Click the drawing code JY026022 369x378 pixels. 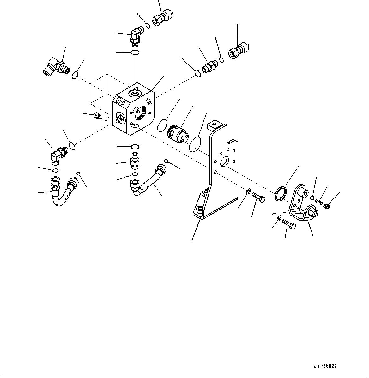point(325,366)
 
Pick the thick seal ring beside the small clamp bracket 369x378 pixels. point(281,193)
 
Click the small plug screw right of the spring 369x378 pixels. point(327,206)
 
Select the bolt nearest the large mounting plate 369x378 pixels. point(258,198)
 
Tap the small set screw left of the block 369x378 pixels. point(98,116)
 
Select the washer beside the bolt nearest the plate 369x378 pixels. point(248,191)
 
